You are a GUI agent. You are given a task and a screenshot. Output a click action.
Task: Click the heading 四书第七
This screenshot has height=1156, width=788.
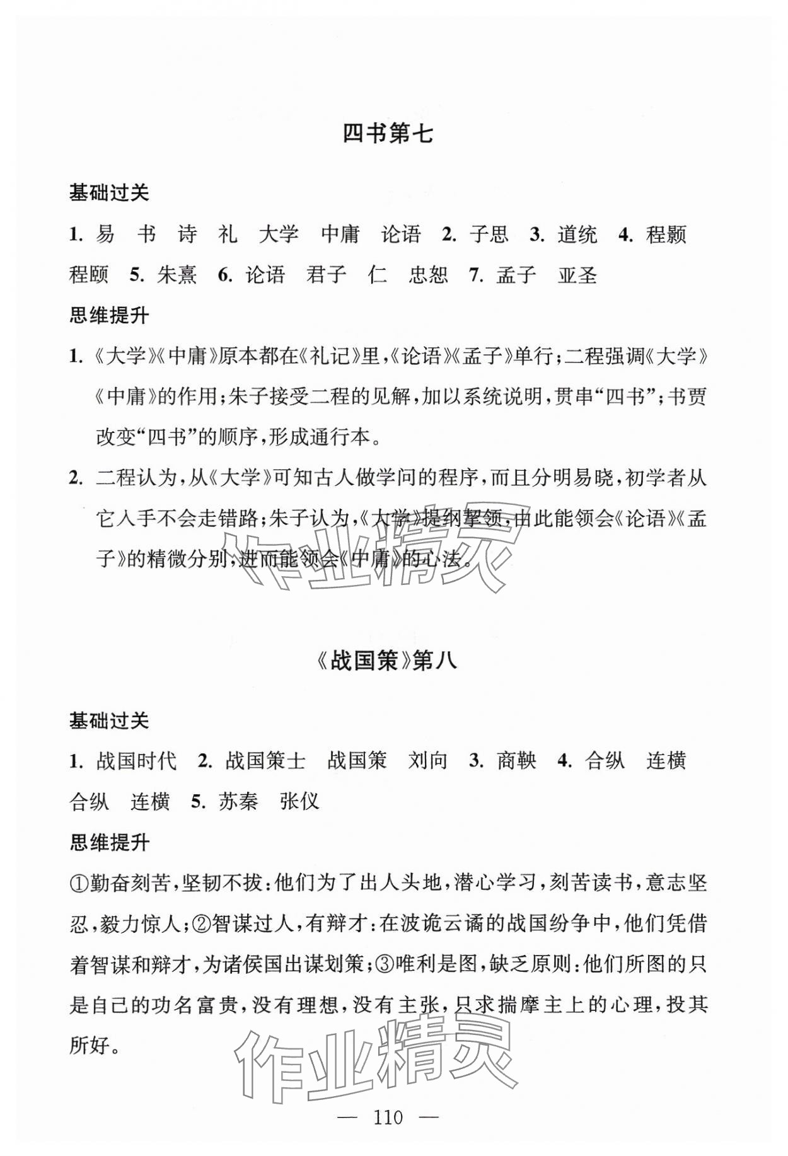pos(387,134)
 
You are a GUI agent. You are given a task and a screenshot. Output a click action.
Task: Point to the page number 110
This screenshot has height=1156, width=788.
pos(387,1118)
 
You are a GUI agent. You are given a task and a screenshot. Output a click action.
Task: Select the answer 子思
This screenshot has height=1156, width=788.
pos(489,235)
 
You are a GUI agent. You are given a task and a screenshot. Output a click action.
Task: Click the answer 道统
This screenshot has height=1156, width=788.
pos(577,235)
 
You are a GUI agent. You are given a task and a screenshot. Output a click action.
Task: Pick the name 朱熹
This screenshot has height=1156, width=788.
pos(177,275)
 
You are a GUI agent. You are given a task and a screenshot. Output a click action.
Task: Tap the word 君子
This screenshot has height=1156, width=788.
pos(326,275)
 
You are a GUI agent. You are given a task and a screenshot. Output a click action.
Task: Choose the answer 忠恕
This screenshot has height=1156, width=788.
pos(428,275)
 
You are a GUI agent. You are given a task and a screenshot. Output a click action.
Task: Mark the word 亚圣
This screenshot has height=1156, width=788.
pos(577,275)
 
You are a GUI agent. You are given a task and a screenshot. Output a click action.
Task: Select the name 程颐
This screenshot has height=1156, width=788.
pos(89,275)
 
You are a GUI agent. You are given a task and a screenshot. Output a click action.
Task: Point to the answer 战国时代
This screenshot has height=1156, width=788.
pos(136,761)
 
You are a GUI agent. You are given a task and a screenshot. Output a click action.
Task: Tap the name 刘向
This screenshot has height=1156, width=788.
pos(427,761)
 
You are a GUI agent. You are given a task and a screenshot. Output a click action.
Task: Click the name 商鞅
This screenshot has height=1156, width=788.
pos(516,761)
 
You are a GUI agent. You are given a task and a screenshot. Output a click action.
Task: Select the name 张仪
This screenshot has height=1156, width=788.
pos(299,801)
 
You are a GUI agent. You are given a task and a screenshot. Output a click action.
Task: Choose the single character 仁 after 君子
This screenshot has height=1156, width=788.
pos(377,275)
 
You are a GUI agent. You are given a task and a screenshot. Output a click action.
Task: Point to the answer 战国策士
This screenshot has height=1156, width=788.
pos(265,761)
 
